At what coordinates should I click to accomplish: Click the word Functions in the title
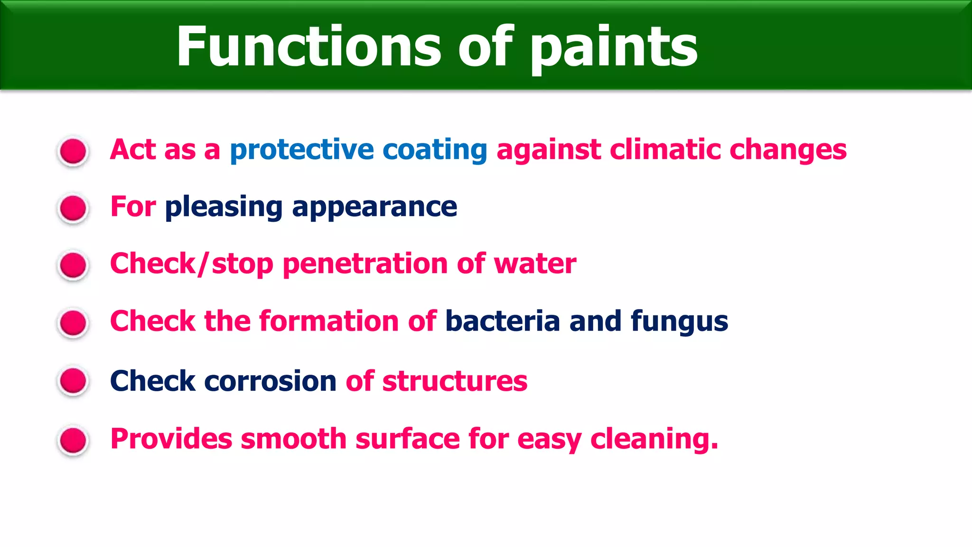click(308, 47)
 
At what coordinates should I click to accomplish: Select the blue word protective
click(302, 150)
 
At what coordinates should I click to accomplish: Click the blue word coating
click(435, 150)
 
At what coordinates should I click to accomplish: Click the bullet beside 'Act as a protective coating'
click(73, 151)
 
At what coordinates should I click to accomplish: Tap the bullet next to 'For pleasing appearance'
click(73, 208)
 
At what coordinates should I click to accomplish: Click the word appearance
click(374, 207)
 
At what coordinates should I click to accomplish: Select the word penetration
click(365, 264)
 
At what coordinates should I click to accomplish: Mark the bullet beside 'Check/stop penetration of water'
click(73, 265)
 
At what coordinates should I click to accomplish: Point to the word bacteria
click(503, 321)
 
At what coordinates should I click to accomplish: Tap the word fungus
click(679, 322)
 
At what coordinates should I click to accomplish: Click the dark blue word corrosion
click(271, 381)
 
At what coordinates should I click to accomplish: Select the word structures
click(455, 381)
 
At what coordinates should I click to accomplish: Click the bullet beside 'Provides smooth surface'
click(73, 440)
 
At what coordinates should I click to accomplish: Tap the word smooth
click(294, 438)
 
